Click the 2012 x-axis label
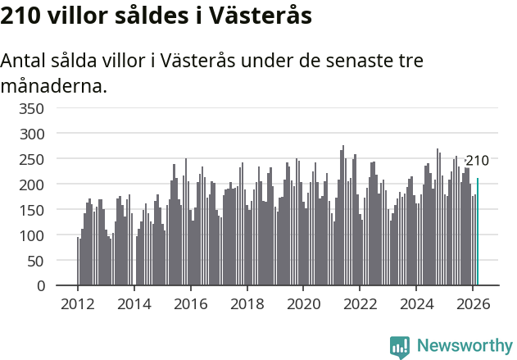[78, 303]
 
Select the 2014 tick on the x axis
[134, 303]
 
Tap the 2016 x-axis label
[190, 303]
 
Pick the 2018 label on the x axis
[247, 303]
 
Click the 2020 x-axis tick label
[303, 303]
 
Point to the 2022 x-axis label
[360, 303]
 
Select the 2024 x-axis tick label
[415, 303]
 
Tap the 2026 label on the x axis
[472, 303]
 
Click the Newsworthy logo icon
[400, 347]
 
